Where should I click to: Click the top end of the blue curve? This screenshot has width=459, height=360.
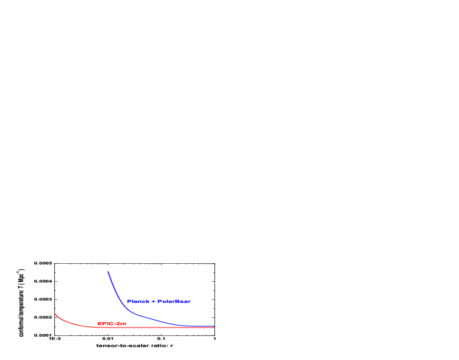[108, 272]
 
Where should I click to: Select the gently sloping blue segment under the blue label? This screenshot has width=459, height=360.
[156, 319]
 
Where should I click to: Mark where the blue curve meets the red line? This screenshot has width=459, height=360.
[186, 326]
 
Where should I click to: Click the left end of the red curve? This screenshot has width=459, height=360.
[55, 314]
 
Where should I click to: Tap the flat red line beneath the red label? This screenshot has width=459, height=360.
[112, 327]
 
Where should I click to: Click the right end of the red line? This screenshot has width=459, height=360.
[214, 327]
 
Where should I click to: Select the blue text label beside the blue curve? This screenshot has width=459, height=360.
[159, 301]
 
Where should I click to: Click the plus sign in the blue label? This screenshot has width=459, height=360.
[153, 301]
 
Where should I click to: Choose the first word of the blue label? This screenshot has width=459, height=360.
[138, 301]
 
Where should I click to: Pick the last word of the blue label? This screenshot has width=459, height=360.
[174, 301]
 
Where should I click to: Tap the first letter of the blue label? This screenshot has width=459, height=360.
[128, 301]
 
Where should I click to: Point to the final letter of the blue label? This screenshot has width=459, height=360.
[189, 301]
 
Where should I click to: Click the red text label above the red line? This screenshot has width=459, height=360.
[112, 323]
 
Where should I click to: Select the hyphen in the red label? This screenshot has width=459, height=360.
[115, 323]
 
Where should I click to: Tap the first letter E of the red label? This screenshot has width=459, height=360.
[99, 323]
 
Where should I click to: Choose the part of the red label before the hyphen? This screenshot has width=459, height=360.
[106, 323]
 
